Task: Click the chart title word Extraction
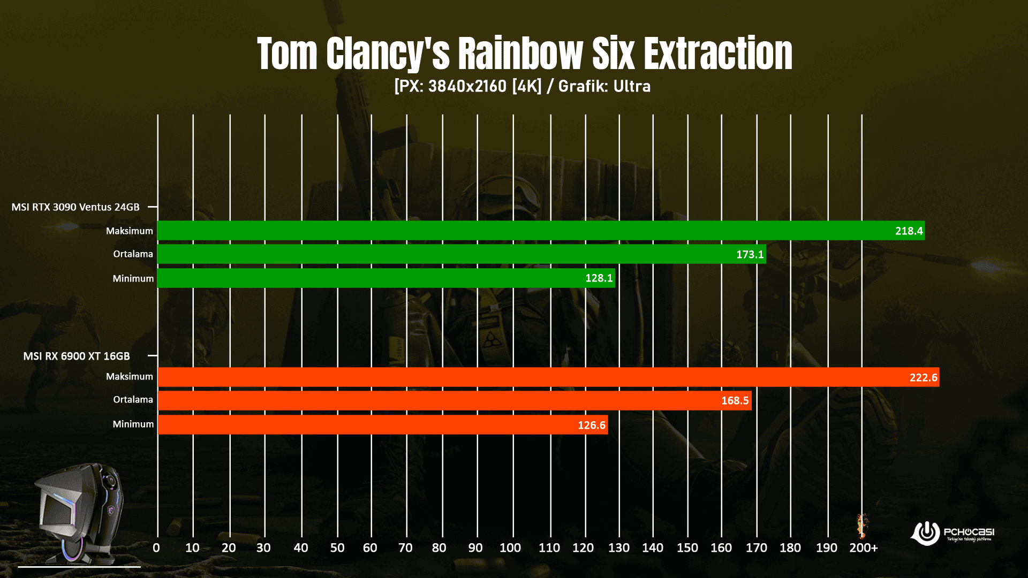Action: pos(717,54)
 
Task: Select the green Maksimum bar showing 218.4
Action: pos(541,231)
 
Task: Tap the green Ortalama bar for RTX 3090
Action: pos(462,254)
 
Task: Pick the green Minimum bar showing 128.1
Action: pos(386,278)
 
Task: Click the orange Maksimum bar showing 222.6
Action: pos(548,377)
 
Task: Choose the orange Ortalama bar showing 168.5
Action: pos(455,400)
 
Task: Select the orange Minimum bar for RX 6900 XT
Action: pos(383,425)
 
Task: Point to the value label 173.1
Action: pos(750,254)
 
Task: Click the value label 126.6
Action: pos(591,425)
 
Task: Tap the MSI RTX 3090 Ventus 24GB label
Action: pos(75,207)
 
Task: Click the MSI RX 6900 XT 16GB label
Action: pos(77,356)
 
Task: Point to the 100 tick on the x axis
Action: pos(510,547)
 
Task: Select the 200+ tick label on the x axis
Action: pos(863,547)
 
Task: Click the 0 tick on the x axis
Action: pos(156,547)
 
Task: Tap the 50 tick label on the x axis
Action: pos(337,547)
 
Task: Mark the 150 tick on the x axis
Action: pos(687,547)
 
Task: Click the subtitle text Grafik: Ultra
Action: pos(604,86)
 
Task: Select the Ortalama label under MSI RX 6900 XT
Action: pos(133,400)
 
